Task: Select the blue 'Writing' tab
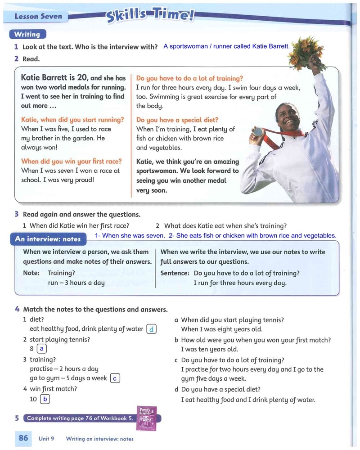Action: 27,34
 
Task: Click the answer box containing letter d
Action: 152,329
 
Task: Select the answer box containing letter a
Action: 42,348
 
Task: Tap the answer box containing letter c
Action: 115,378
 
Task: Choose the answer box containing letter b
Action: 45,399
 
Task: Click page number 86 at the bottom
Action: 23,438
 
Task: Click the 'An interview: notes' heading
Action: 48,239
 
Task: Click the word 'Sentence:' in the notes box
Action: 175,273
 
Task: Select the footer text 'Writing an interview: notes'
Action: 99,439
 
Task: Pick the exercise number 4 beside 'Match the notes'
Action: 17,309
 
